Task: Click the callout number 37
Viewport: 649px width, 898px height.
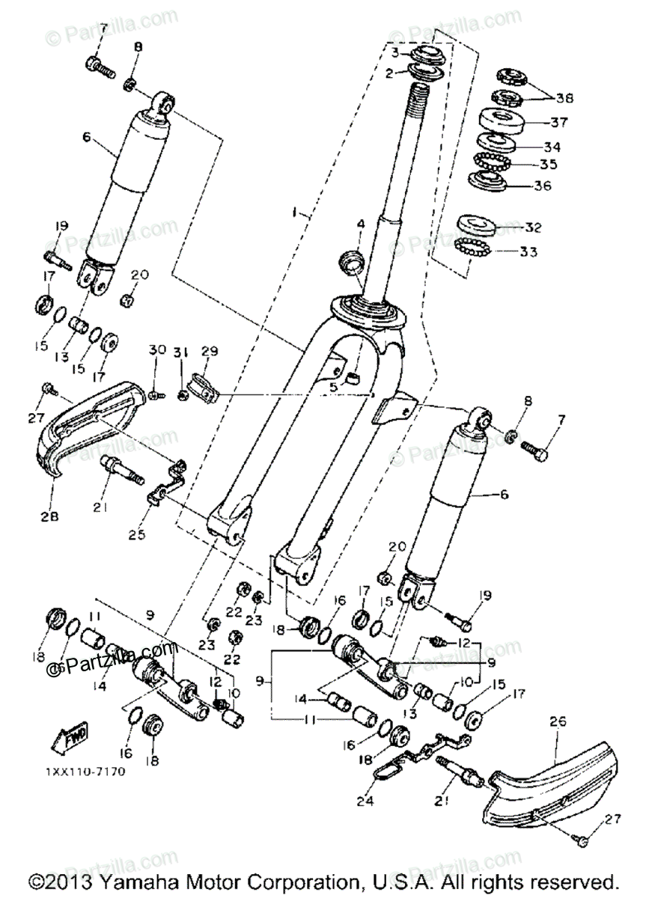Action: pyautogui.click(x=559, y=122)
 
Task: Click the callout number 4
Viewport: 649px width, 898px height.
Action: pyautogui.click(x=359, y=224)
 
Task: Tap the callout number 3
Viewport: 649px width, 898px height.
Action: pyautogui.click(x=394, y=52)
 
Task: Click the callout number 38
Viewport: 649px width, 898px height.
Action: pyautogui.click(x=564, y=97)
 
